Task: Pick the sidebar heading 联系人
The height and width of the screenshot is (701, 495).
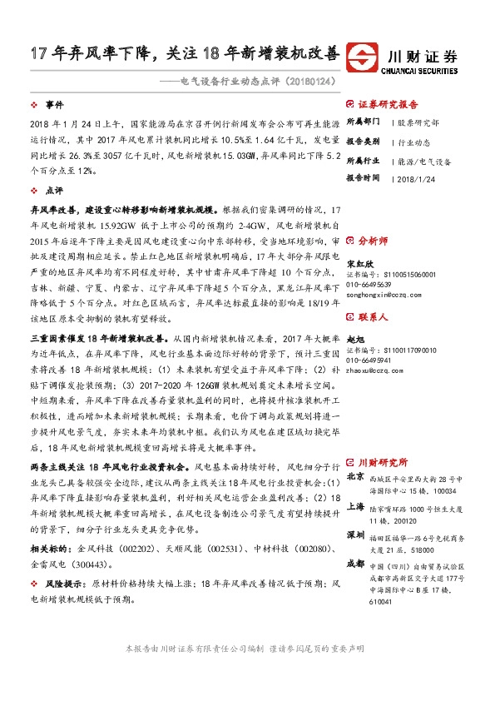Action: click(372, 318)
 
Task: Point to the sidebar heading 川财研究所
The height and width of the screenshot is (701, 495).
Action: click(382, 462)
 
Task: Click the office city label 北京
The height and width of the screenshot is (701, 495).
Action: click(355, 477)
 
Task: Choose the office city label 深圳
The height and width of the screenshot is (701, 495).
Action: click(355, 533)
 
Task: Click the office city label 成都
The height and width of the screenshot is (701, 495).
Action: click(355, 563)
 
